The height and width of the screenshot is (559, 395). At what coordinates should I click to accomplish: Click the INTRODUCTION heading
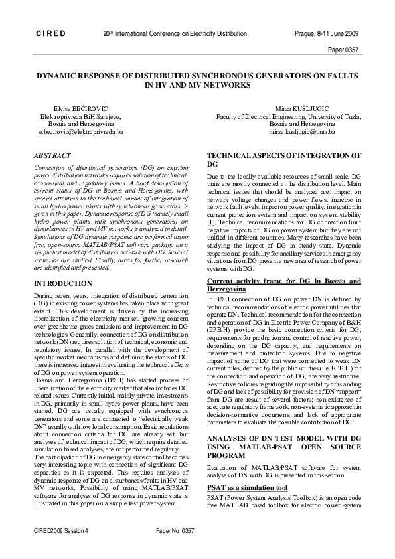click(x=63, y=283)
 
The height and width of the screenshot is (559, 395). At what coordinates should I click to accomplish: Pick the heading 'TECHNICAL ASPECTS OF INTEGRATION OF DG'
click(x=284, y=158)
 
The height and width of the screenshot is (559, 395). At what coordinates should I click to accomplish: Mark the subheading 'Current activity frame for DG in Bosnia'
click(x=284, y=281)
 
